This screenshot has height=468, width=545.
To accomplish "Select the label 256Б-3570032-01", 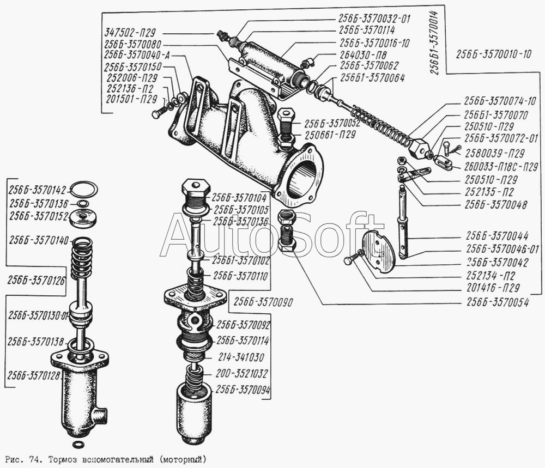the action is coord(374,19).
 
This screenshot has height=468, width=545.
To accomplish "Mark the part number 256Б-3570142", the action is coord(37,190).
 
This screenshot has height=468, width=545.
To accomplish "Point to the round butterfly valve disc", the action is coord(379,251).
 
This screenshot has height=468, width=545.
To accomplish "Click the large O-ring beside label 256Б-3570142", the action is coord(85,189).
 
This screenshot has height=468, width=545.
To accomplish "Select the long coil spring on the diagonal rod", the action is coord(381,126).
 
